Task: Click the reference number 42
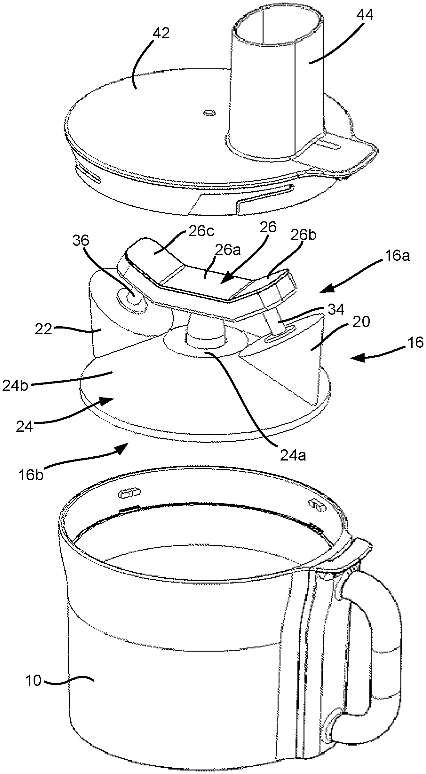161,33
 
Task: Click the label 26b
304,235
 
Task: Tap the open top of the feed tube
277,28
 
